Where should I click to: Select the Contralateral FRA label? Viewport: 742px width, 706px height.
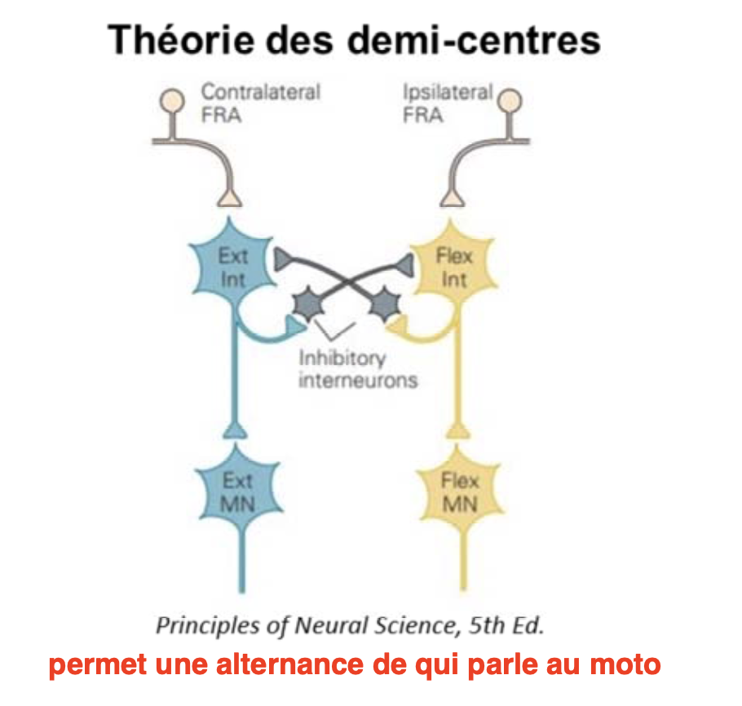click(x=260, y=103)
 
